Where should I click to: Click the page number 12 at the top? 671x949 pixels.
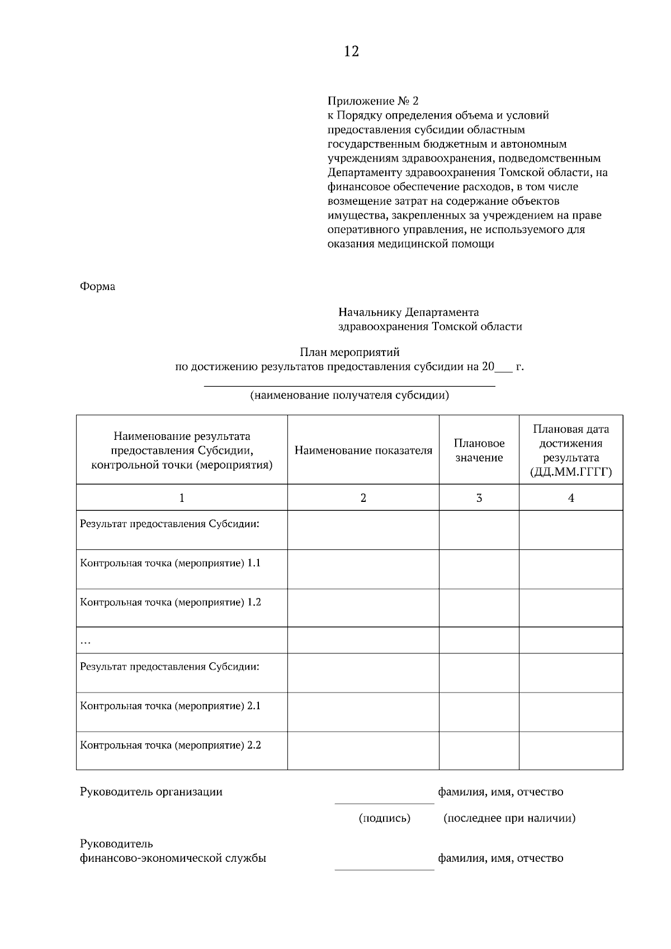[351, 52]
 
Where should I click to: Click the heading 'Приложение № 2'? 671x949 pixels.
[372, 101]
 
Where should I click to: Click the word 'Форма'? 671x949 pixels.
[97, 287]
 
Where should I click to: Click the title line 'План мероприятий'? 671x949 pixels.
[349, 353]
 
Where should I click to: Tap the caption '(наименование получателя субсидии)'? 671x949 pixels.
[349, 396]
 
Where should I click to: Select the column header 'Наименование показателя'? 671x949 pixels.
[363, 450]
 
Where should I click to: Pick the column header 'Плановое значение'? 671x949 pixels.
[479, 450]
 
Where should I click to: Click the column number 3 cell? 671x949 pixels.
[479, 497]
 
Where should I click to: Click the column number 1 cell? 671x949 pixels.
[182, 497]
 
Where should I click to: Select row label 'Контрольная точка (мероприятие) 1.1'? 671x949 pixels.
[171, 563]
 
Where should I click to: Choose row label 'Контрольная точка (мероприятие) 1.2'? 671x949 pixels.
[171, 602]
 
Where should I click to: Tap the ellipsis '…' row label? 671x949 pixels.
[86, 642]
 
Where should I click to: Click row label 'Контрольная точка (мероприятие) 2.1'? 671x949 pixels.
[171, 706]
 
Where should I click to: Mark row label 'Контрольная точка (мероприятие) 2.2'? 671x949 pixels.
[171, 745]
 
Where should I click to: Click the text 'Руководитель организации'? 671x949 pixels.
[151, 792]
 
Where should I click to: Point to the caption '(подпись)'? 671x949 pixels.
[384, 818]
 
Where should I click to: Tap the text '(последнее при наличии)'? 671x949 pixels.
[509, 818]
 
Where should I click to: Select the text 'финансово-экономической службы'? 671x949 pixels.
[173, 858]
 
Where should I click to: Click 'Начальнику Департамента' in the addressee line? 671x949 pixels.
[408, 312]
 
